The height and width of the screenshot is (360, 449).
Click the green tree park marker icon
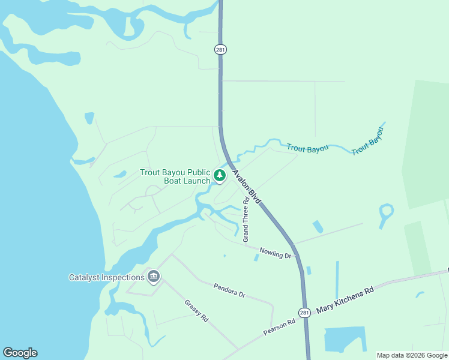220,175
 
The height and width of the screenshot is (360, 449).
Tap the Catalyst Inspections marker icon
154,277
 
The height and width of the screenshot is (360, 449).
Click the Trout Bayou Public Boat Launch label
175,176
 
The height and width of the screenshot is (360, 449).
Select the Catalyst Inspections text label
107,277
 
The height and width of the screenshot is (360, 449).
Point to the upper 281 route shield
220,49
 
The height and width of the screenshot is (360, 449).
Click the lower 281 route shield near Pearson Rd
304,312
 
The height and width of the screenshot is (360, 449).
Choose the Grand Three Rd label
246,220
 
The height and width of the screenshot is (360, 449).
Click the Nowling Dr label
275,253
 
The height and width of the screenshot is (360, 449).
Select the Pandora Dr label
229,290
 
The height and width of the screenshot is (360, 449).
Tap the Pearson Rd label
279,327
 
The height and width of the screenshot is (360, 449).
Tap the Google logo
20,353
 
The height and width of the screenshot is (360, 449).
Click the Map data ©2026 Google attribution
412,355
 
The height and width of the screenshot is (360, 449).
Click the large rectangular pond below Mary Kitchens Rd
345,340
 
